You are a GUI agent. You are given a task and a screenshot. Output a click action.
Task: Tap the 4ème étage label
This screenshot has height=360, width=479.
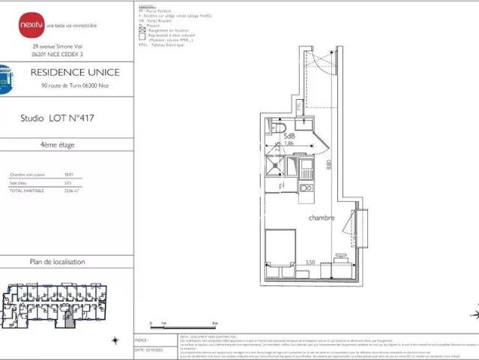57,145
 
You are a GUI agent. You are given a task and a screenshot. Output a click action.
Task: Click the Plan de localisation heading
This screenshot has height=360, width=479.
57,262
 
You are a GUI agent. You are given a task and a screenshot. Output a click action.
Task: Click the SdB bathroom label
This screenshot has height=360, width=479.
289,136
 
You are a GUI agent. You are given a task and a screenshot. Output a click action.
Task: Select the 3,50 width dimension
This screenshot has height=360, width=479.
310,262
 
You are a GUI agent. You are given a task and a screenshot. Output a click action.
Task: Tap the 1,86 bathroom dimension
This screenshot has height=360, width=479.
289,143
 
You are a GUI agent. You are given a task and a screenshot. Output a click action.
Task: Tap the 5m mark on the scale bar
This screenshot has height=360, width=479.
215,324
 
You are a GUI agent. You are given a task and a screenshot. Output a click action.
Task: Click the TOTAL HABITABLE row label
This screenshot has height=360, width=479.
26,190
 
